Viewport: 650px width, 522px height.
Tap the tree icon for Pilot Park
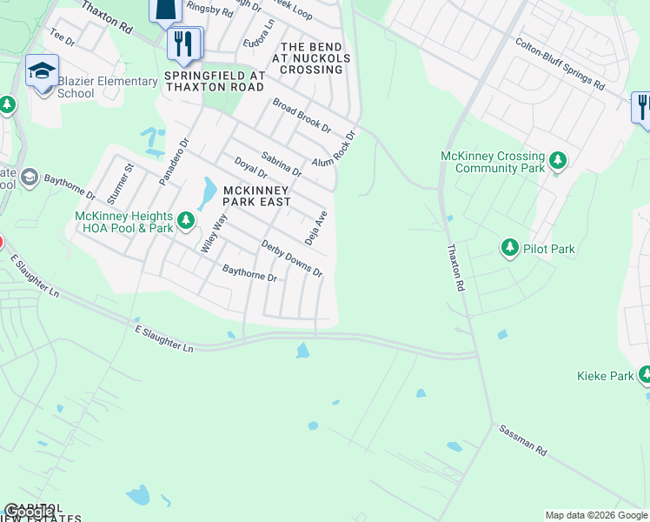(x=510, y=249)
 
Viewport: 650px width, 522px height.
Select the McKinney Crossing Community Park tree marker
(x=557, y=160)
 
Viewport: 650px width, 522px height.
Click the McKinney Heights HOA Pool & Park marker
(x=185, y=222)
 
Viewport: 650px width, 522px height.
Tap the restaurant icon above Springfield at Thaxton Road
(x=183, y=43)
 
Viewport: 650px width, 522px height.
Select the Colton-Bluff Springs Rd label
(x=560, y=64)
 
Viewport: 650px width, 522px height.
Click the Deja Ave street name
(x=315, y=227)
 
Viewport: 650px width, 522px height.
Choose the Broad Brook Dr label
(x=302, y=115)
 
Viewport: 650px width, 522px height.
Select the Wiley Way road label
(x=214, y=232)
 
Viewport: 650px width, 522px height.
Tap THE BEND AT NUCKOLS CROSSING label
(x=314, y=57)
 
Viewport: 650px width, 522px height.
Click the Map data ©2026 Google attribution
(x=596, y=515)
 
